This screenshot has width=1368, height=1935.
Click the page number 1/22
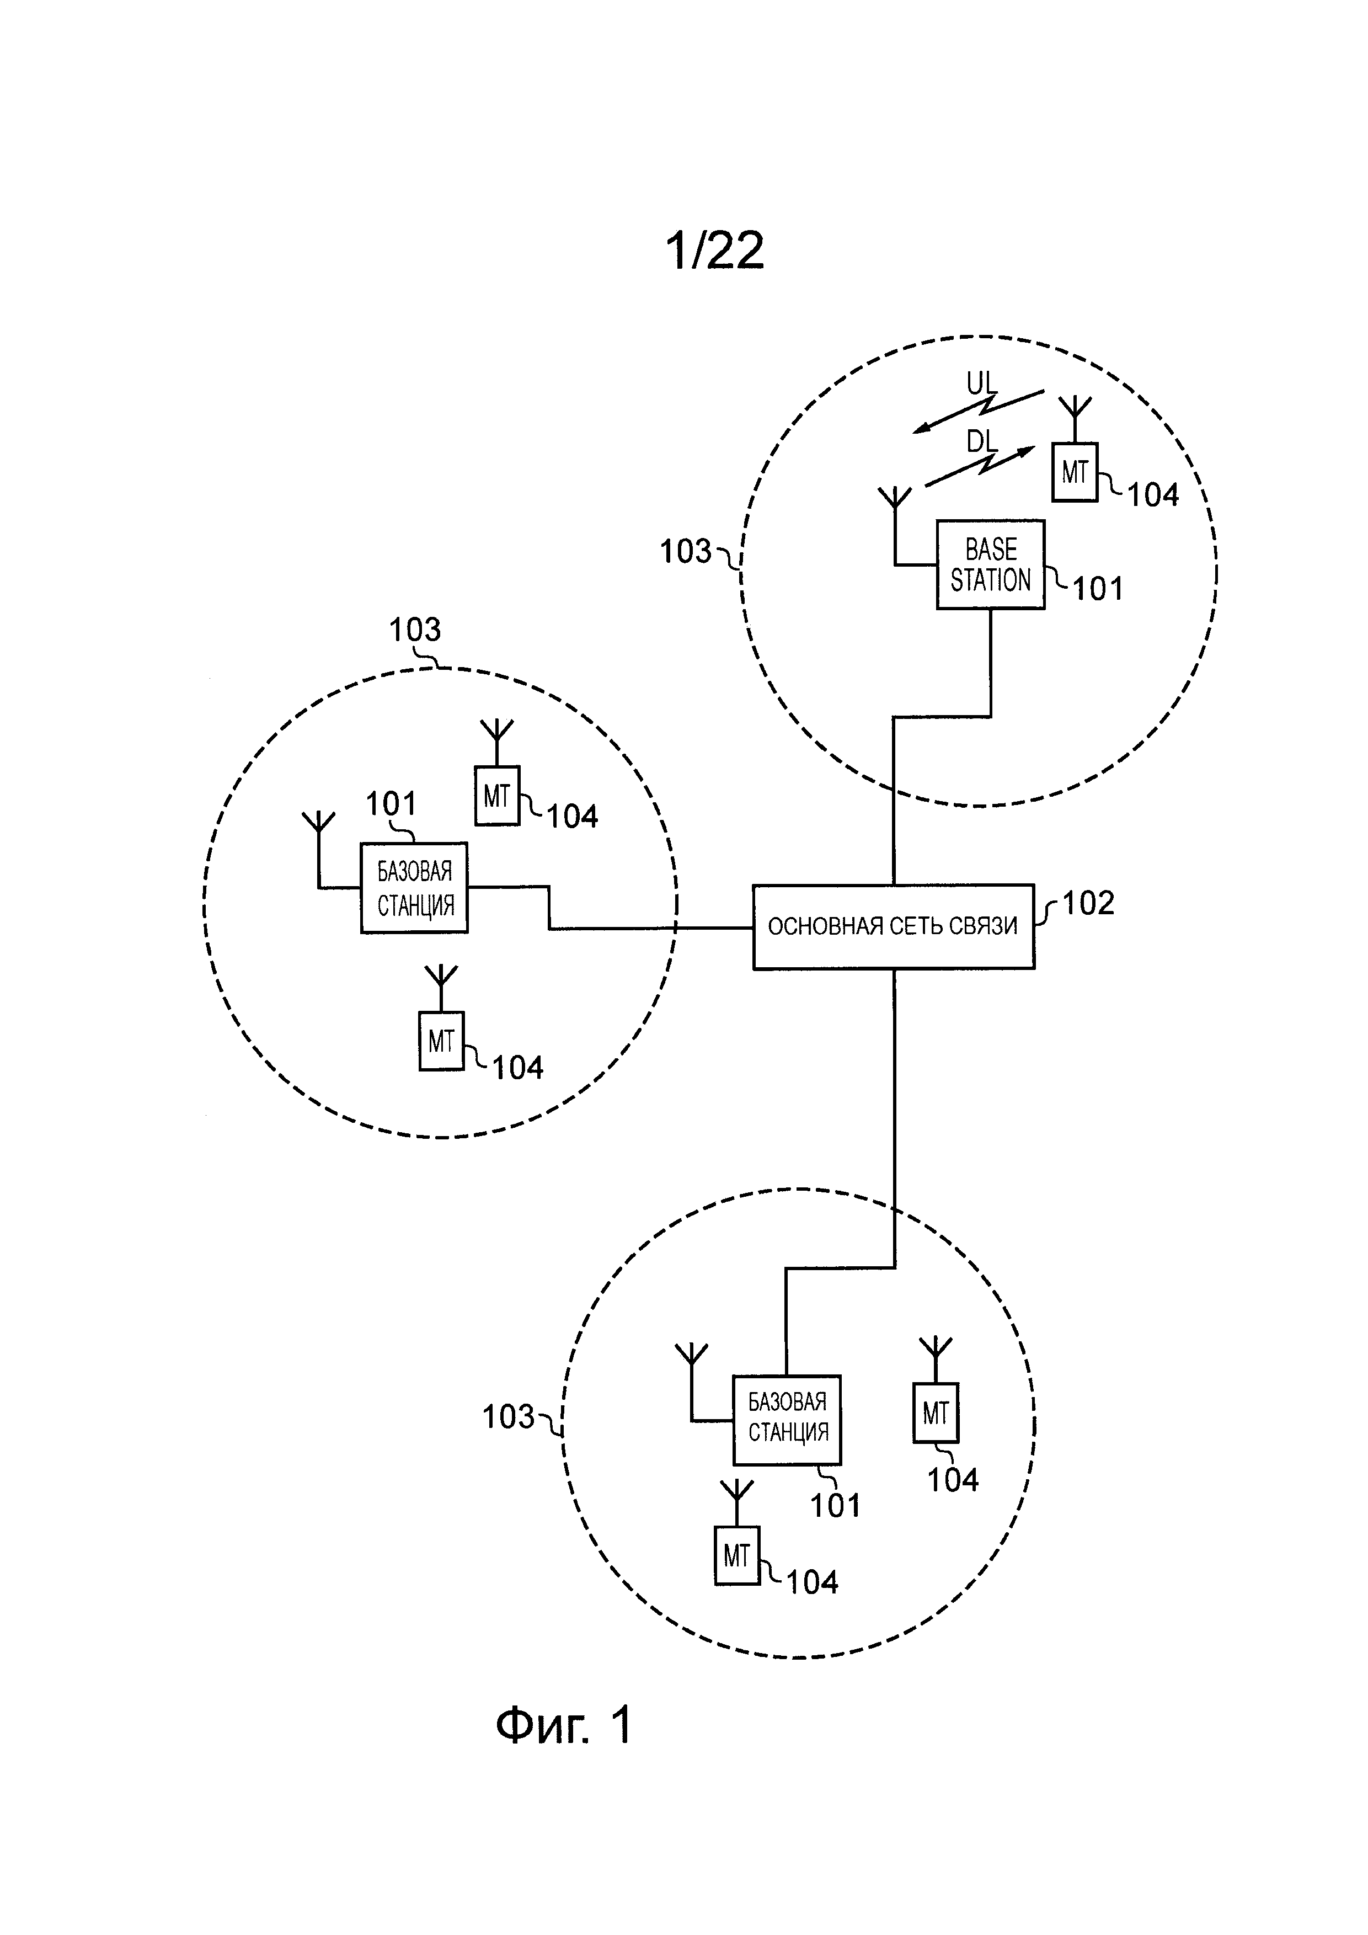pyautogui.click(x=714, y=251)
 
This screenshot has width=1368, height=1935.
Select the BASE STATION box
pyautogui.click(x=991, y=564)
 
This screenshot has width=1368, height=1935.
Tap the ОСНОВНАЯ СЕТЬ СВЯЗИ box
pyautogui.click(x=893, y=927)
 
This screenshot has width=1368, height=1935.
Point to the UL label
pyautogui.click(x=981, y=385)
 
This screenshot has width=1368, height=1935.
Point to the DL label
pyautogui.click(x=981, y=441)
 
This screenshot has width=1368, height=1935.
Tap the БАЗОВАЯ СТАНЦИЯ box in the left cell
pyautogui.click(x=414, y=887)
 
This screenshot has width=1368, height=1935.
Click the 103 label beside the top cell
pyautogui.click(x=686, y=552)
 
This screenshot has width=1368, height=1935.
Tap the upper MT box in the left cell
pyautogui.click(x=497, y=796)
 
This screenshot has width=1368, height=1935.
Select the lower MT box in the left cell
pyautogui.click(x=441, y=1042)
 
